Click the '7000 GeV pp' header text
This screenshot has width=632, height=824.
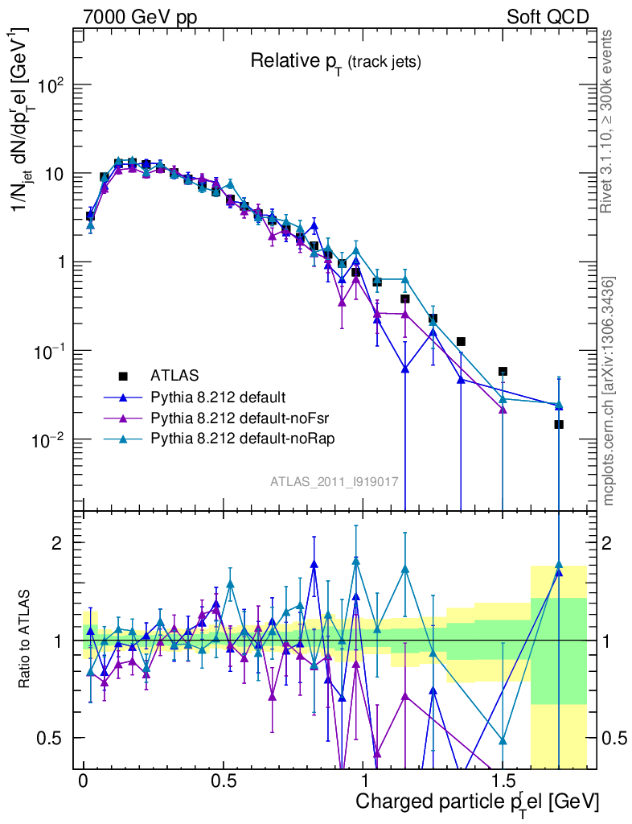point(141,17)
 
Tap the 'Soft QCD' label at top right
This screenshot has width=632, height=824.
point(548,17)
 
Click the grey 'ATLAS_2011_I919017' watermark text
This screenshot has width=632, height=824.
point(334,481)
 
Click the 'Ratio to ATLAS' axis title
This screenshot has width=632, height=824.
point(25,640)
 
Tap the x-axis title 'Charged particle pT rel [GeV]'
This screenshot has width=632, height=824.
point(476,802)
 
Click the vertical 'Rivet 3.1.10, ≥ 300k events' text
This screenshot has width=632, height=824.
point(608,121)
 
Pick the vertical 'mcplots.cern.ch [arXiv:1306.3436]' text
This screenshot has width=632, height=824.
point(609,390)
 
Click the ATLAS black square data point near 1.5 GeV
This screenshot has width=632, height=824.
point(503,371)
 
